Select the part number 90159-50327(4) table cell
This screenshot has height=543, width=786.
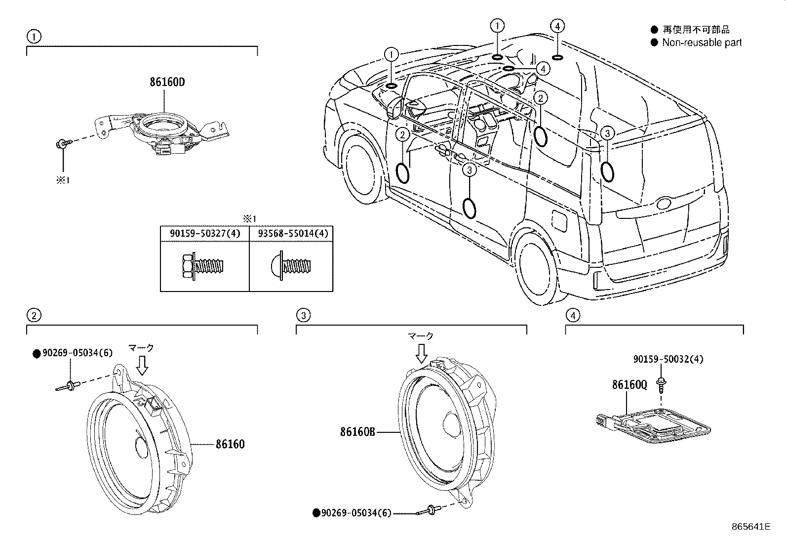click(x=205, y=233)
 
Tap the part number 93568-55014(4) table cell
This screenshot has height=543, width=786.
click(x=291, y=233)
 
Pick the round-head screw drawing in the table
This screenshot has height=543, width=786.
click(x=291, y=267)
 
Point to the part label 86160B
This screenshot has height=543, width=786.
click(x=357, y=432)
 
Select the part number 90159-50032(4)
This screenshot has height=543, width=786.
click(x=668, y=359)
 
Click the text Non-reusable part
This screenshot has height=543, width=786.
click(x=702, y=43)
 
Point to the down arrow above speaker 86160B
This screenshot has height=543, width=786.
click(x=421, y=353)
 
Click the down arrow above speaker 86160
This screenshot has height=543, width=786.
click(x=142, y=365)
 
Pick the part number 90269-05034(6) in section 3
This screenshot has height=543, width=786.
click(x=355, y=513)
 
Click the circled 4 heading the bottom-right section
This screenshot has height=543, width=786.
click(x=572, y=315)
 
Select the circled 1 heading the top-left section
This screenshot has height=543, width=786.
click(x=33, y=36)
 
